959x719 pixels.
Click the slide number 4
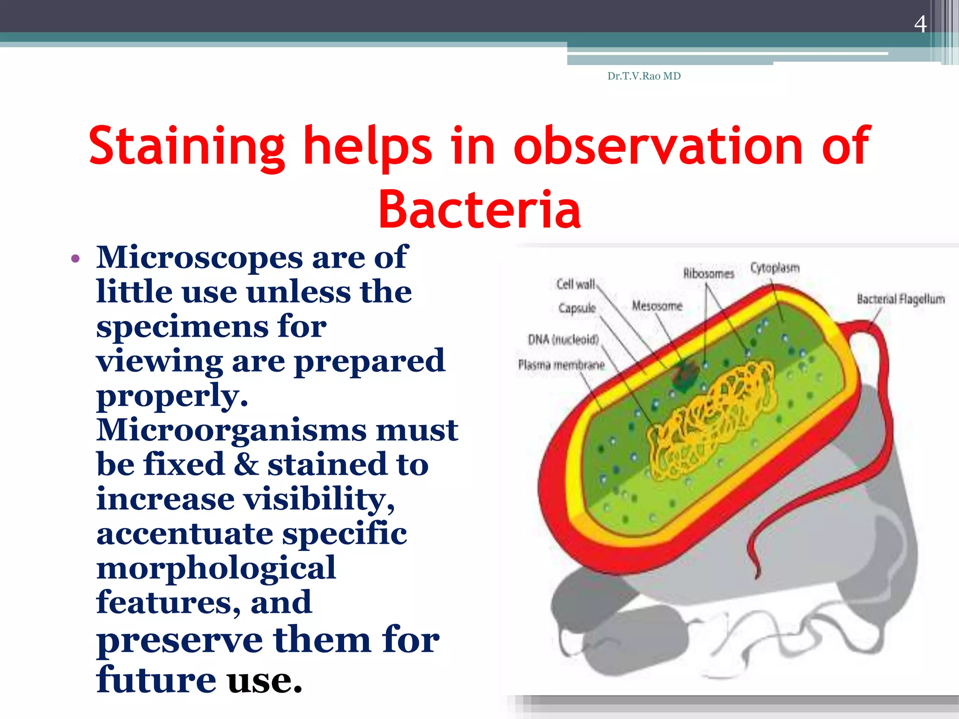pyautogui.click(x=920, y=24)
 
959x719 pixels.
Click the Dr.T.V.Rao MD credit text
pyautogui.click(x=644, y=76)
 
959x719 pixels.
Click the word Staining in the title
pyautogui.click(x=186, y=147)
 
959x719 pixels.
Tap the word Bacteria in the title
pyautogui.click(x=479, y=210)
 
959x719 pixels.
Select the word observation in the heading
pyautogui.click(x=658, y=147)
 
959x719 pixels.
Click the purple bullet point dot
pyautogui.click(x=76, y=259)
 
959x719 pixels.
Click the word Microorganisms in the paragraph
pyautogui.click(x=232, y=429)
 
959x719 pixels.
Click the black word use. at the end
pyautogui.click(x=265, y=680)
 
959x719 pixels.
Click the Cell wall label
pyautogui.click(x=575, y=284)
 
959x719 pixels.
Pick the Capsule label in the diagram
pyautogui.click(x=577, y=308)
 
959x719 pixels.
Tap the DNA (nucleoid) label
pyautogui.click(x=563, y=339)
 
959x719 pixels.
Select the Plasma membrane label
pyautogui.click(x=561, y=365)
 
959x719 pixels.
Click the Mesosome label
pyautogui.click(x=657, y=306)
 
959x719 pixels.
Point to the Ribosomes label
pyautogui.click(x=708, y=273)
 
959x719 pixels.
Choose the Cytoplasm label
pyautogui.click(x=775, y=268)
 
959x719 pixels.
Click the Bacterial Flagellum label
pyautogui.click(x=900, y=299)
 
